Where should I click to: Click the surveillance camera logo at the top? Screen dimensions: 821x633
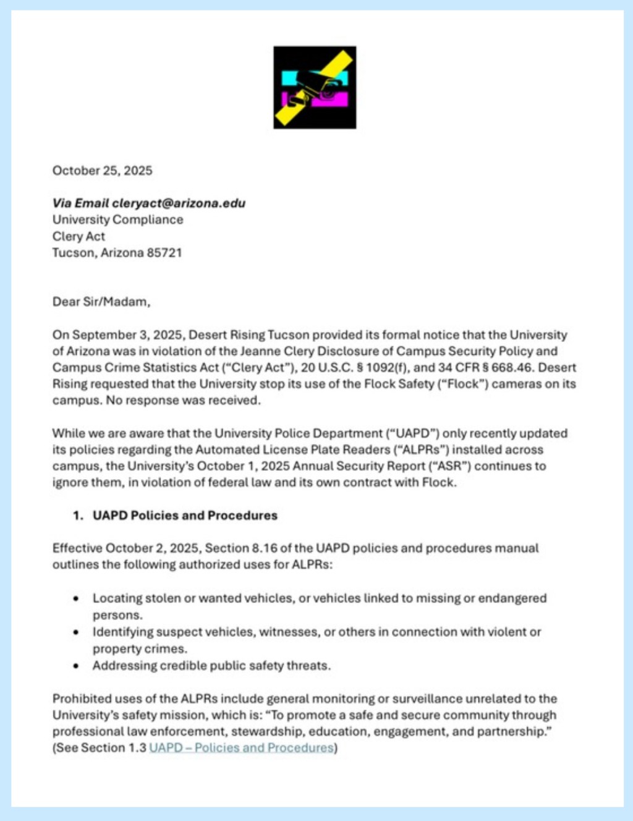pyautogui.click(x=315, y=87)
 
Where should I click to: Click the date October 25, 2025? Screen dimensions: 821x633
pyautogui.click(x=102, y=171)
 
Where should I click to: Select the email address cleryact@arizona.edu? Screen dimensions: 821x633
pyautogui.click(x=179, y=203)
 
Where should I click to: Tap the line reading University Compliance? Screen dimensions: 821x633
pyautogui.click(x=117, y=219)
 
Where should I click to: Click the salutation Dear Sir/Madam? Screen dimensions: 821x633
pyautogui.click(x=101, y=302)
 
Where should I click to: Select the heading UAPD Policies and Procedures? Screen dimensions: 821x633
pyautogui.click(x=185, y=516)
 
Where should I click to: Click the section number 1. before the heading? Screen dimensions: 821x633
pyautogui.click(x=78, y=516)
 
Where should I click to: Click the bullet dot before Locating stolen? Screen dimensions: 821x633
pyautogui.click(x=76, y=598)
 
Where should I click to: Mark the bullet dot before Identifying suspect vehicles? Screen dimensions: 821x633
pyautogui.click(x=76, y=632)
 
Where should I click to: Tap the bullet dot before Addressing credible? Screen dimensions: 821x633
pyautogui.click(x=76, y=666)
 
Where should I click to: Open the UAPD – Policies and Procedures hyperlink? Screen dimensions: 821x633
pyautogui.click(x=241, y=748)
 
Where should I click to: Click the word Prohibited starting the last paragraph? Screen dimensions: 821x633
pyautogui.click(x=78, y=699)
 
